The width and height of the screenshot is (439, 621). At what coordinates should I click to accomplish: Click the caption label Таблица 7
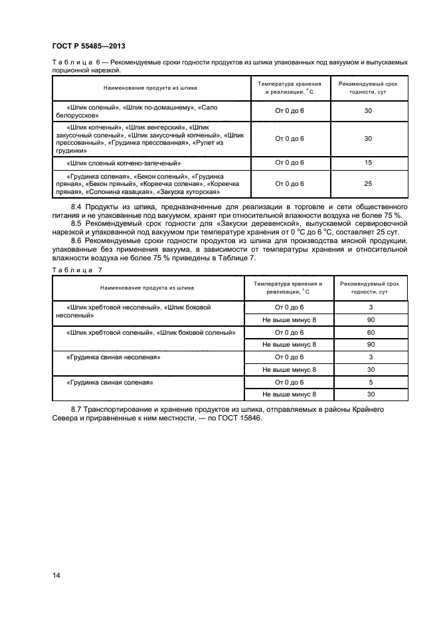pyautogui.click(x=77, y=270)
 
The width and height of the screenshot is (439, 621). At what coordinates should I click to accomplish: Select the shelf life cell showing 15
pyautogui.click(x=368, y=162)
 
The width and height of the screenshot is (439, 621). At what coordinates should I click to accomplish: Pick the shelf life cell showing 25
pyautogui.click(x=368, y=184)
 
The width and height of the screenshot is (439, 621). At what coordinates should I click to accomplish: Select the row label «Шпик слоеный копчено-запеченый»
pyautogui.click(x=124, y=163)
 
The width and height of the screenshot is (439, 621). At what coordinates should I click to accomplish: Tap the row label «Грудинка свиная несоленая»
pyautogui.click(x=114, y=357)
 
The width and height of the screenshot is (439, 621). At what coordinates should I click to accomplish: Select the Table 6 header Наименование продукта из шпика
pyautogui.click(x=149, y=88)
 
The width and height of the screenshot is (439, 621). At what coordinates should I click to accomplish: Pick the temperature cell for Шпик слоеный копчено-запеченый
pyautogui.click(x=289, y=162)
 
